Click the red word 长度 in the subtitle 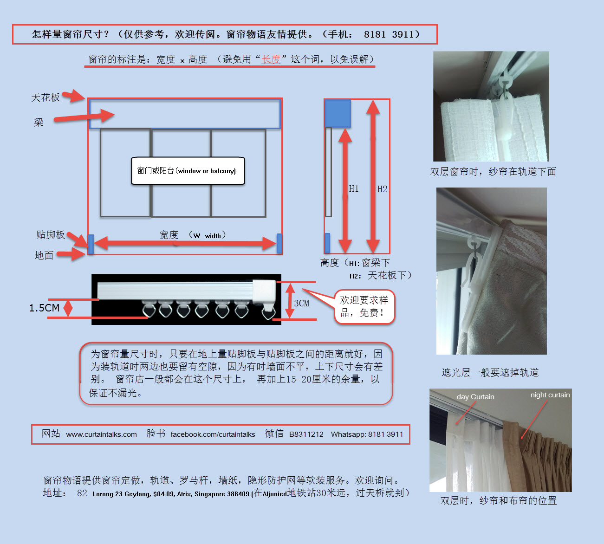271,59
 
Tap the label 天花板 45,97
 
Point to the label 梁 39,123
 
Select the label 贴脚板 51,235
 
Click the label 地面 44,255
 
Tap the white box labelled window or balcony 188,171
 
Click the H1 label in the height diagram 354,189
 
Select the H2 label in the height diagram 382,189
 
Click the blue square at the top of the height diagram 338,113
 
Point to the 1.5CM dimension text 44,308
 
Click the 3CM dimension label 302,303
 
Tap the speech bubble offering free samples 364,306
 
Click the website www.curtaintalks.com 101,434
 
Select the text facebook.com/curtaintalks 213,434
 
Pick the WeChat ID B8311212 306,434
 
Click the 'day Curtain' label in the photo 475,397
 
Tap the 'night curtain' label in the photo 550,395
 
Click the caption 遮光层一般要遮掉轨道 490,372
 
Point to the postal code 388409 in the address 238,494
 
